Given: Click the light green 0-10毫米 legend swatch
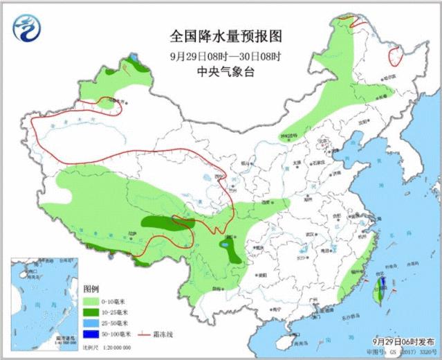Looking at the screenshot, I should [x=90, y=301].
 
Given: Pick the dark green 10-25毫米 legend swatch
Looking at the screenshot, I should [x=90, y=312].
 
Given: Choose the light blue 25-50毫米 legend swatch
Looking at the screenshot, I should [x=90, y=323].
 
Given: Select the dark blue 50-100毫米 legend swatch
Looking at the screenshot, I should [x=90, y=334].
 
